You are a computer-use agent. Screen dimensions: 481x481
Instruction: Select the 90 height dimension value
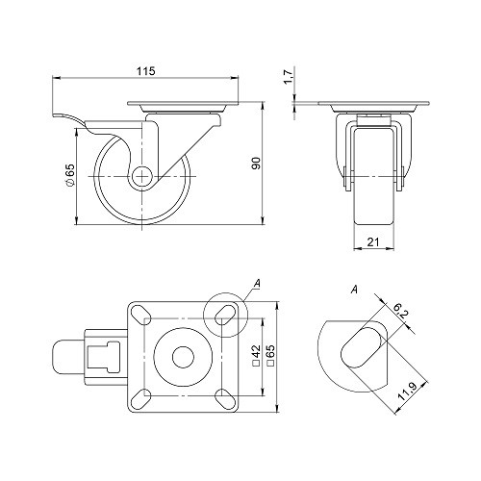coord(256,165)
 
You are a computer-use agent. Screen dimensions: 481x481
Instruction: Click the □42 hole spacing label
coord(256,358)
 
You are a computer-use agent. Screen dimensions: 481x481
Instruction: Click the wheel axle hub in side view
coord(140,176)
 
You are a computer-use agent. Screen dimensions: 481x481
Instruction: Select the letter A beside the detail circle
coord(257,282)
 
